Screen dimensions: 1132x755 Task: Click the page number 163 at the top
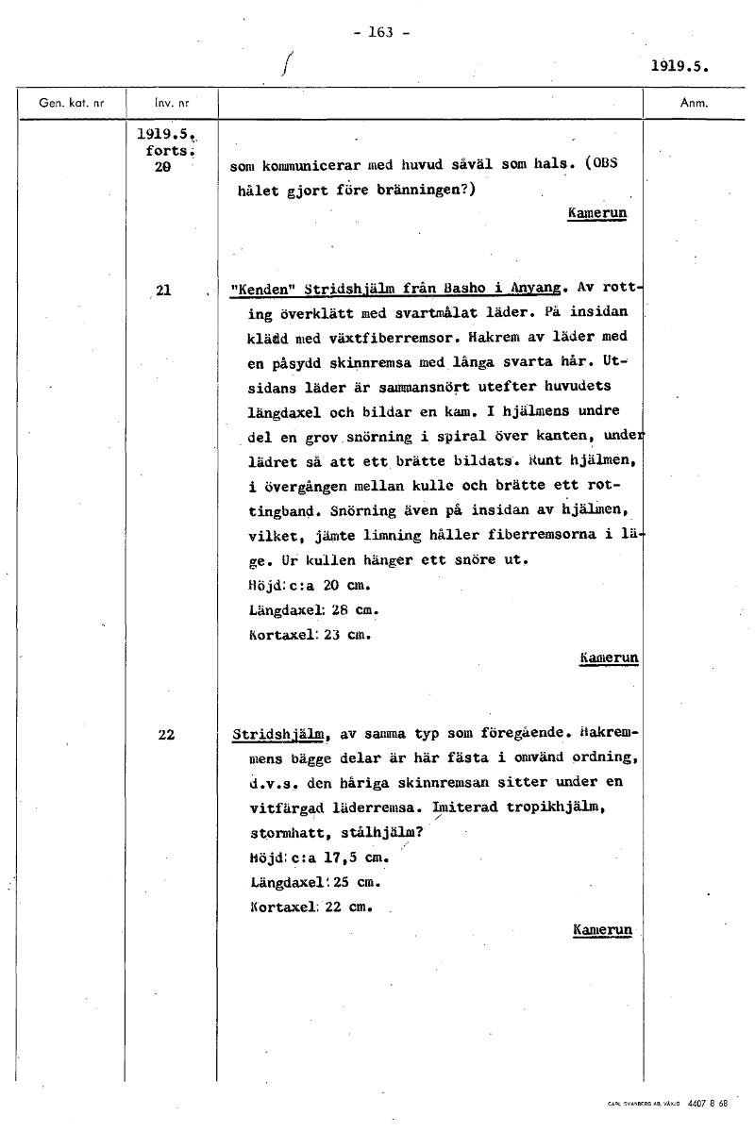tap(381, 31)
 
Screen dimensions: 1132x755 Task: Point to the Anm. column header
tap(694, 103)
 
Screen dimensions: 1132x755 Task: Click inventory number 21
tap(162, 290)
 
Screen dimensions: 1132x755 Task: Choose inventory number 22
tap(166, 734)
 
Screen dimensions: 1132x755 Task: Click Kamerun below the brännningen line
tap(597, 213)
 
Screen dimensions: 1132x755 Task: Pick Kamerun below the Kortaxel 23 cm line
tap(610, 657)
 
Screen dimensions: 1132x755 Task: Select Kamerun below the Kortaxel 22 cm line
tap(602, 930)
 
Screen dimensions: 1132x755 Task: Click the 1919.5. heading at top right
tap(679, 67)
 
